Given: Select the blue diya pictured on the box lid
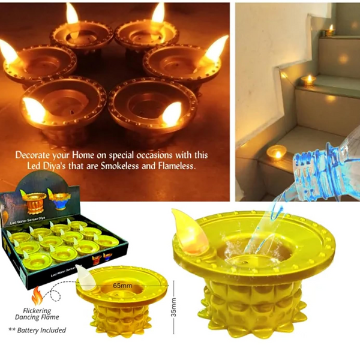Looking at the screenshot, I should coord(58,197).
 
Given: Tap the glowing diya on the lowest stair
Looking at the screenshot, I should coord(277,153).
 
